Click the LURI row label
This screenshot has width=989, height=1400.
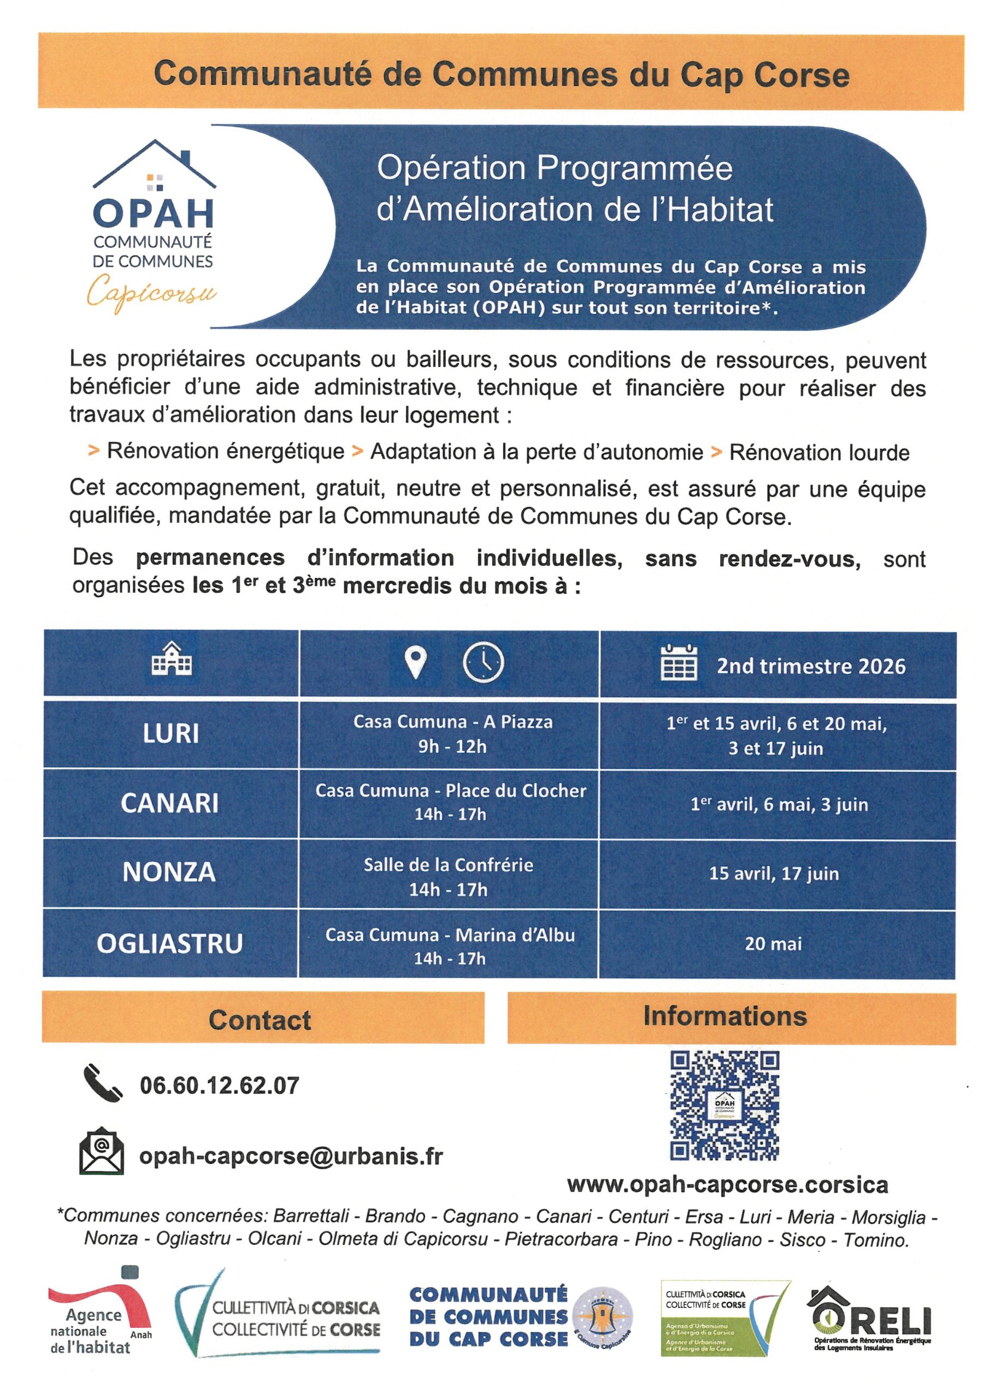coord(170,733)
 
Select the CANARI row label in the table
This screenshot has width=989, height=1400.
coord(169,803)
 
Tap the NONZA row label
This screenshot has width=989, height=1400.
coord(169,872)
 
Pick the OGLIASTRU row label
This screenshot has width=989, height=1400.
coord(169,943)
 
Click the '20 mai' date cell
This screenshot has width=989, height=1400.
coord(773,944)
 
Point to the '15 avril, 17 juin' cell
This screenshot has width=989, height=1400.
coord(774,873)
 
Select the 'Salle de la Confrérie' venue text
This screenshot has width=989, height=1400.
coord(449,865)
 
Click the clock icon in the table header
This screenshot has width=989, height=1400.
coord(483,662)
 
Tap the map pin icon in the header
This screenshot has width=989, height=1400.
coord(416,662)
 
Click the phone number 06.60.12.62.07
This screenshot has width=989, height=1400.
coord(219,1086)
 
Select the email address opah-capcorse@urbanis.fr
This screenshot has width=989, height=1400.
coord(291,1156)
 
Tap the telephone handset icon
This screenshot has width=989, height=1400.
coord(102,1083)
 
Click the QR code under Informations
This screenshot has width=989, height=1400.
coord(725,1105)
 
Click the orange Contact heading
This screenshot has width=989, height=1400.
coord(260,1020)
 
